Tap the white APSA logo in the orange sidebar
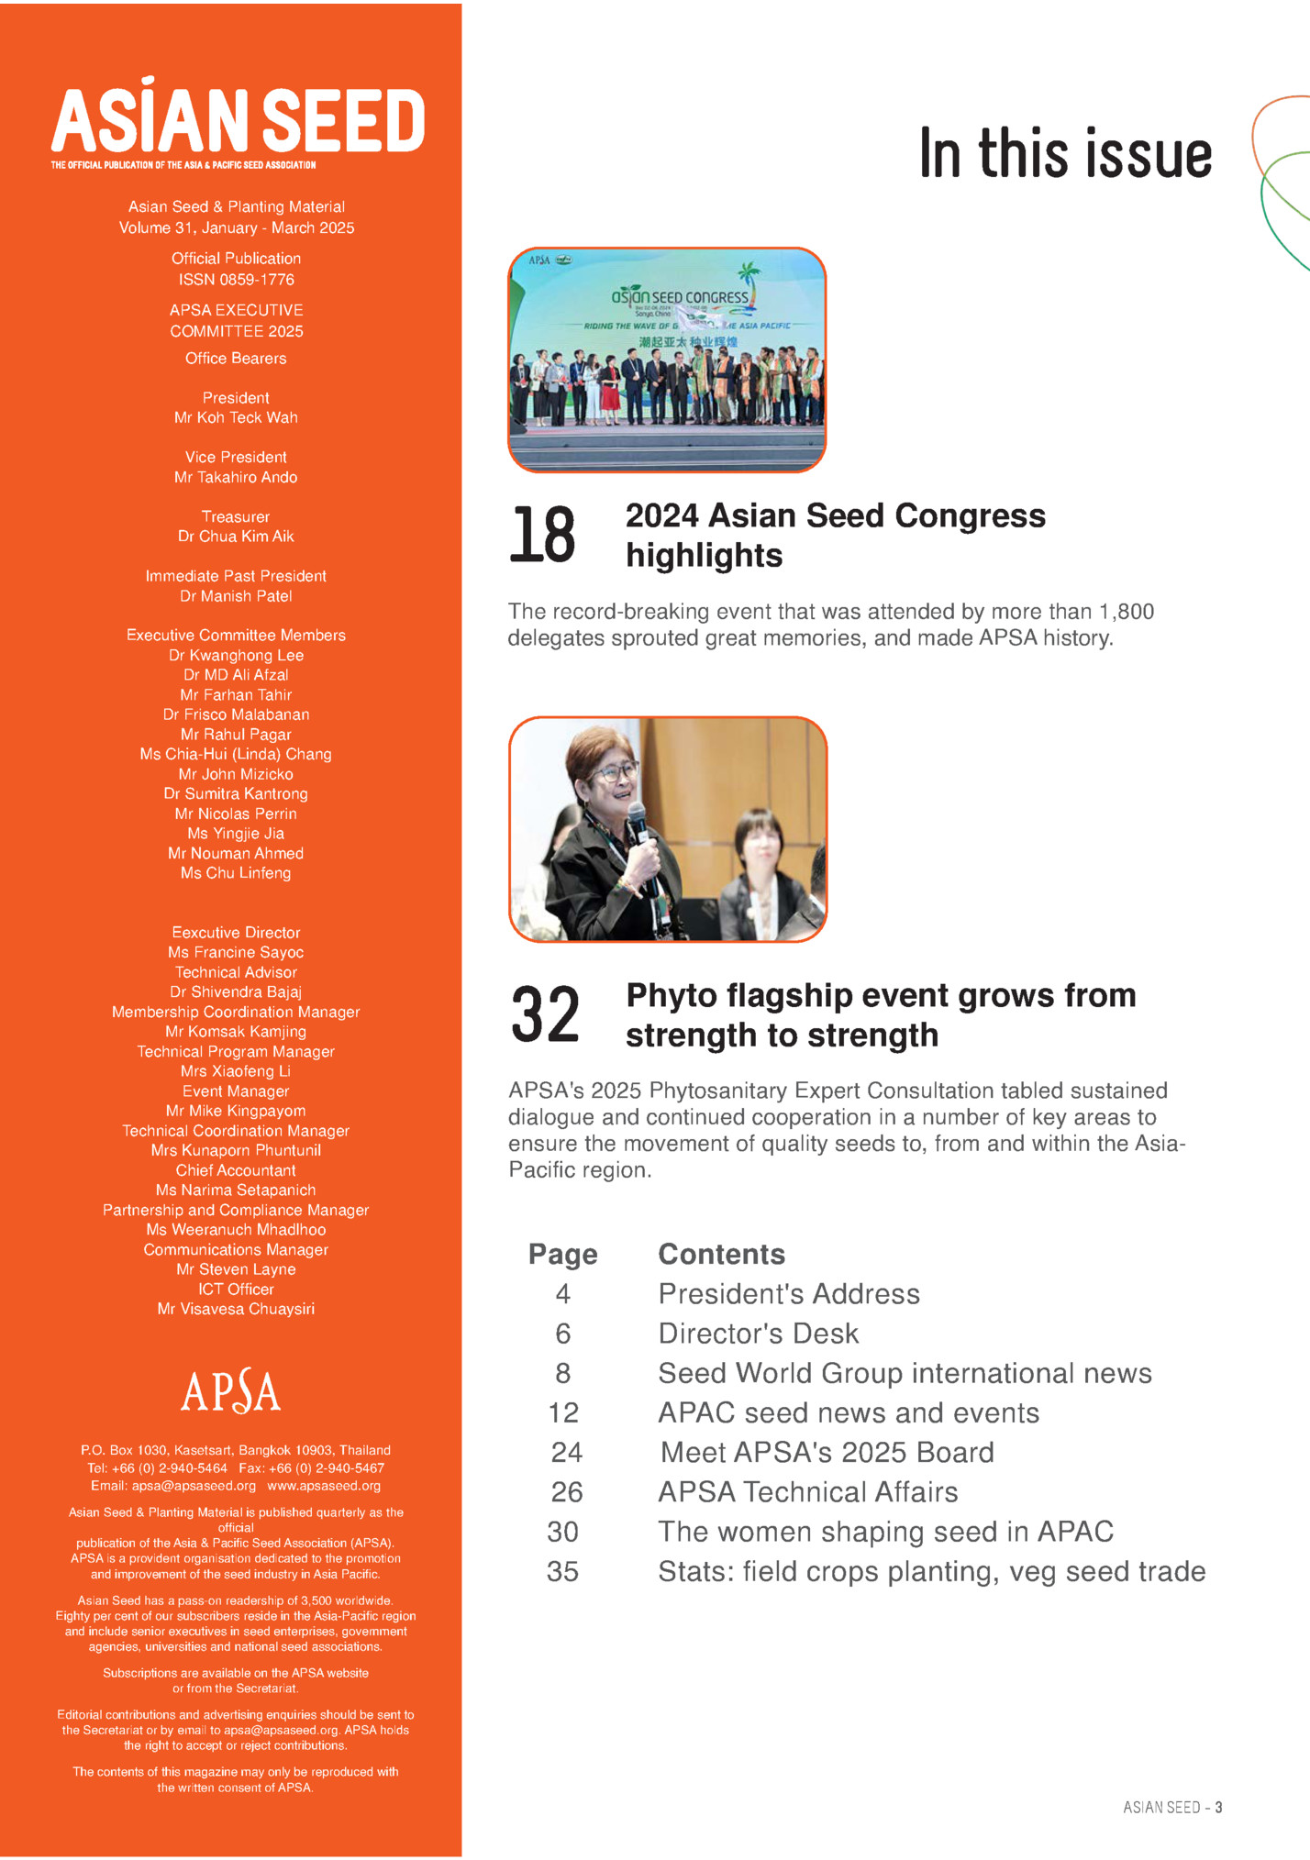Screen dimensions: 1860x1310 231,1391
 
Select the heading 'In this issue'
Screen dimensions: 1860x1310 1065,153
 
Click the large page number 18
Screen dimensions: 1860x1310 542,535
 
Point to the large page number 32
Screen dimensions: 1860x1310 545,1014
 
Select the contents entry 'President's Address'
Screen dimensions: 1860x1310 789,1293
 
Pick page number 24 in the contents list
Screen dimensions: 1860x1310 566,1452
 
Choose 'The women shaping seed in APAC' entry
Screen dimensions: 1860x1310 885,1531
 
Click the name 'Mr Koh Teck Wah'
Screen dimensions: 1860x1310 236,417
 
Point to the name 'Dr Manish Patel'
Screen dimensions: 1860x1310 236,596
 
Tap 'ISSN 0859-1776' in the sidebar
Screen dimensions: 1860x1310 236,280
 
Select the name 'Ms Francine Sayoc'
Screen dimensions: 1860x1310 236,952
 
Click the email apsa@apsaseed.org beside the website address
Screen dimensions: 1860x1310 194,1486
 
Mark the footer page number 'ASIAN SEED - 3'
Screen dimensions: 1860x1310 1172,1807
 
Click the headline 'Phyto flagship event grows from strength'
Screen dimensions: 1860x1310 881,1014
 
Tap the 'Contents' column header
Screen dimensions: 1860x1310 722,1254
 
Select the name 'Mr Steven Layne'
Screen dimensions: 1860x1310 236,1269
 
